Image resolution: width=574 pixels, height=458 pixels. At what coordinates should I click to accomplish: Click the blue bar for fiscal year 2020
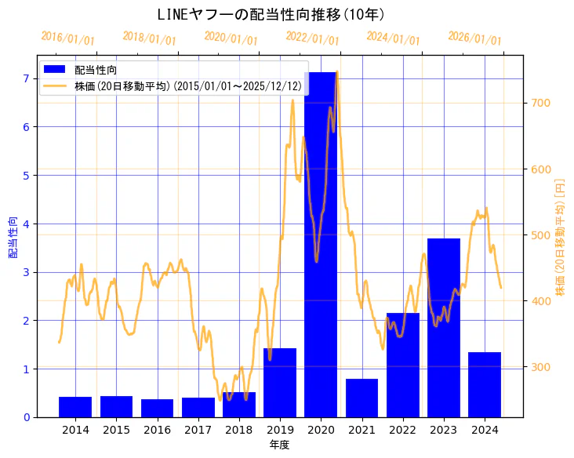click(321, 244)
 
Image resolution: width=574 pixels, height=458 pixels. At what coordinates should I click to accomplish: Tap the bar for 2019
click(280, 382)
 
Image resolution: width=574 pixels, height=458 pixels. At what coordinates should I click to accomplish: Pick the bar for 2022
click(403, 365)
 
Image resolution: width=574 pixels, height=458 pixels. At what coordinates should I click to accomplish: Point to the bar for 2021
click(361, 398)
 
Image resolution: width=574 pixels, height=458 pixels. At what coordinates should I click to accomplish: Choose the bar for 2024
click(485, 384)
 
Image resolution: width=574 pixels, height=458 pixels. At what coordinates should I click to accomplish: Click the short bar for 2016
click(157, 408)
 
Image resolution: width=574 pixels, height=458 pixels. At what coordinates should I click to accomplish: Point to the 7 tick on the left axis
click(26, 78)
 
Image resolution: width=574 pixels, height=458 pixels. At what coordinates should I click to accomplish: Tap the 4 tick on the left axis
click(26, 224)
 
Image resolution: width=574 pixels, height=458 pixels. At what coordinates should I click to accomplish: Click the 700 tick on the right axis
click(542, 103)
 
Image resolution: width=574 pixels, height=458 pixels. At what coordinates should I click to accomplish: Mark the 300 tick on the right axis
click(542, 367)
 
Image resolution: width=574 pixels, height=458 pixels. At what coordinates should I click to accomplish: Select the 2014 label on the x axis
click(75, 430)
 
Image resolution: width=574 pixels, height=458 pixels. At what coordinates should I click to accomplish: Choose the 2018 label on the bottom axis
click(238, 430)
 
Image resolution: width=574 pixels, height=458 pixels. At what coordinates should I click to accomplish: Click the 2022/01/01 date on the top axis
click(312, 38)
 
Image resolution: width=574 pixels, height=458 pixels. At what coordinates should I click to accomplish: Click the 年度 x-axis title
click(280, 445)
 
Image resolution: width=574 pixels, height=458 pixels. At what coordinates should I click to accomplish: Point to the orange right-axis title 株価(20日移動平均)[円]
click(560, 237)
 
